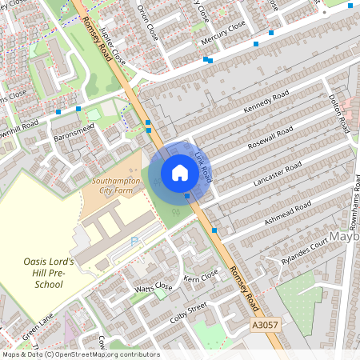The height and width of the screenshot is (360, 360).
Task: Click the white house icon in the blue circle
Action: (x=180, y=173)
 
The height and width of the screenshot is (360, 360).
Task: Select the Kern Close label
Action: (x=201, y=276)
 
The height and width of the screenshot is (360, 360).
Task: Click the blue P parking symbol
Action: (x=134, y=240)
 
